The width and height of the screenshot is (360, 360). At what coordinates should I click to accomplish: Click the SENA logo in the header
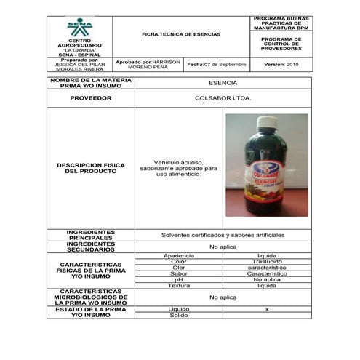pos(79,29)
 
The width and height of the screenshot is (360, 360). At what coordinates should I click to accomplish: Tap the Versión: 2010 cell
pos(281,65)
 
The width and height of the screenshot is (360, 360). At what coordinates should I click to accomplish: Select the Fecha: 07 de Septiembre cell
pos(216,65)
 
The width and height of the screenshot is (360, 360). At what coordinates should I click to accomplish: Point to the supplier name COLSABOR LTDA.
pos(223,97)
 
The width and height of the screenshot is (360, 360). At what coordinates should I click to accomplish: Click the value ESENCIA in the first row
pos(223,83)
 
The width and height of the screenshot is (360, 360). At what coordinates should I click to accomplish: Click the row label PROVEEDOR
pos(91,97)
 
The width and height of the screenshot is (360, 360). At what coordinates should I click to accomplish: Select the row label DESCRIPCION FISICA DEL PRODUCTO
pos(91,167)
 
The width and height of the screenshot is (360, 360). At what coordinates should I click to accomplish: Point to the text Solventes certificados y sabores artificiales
pos(223,235)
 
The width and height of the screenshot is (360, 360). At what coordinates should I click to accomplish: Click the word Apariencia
pos(179,256)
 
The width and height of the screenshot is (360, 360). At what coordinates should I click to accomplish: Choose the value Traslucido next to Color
pos(267,262)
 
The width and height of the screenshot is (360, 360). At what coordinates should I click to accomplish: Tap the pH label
pos(179,279)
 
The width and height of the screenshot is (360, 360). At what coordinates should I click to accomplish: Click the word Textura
pos(179,285)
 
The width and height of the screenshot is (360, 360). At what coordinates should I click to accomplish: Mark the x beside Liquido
pos(267,309)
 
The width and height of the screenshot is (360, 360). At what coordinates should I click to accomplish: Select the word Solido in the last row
pos(179,316)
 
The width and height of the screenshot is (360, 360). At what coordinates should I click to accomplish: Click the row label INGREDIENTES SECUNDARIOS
pos(91,247)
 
